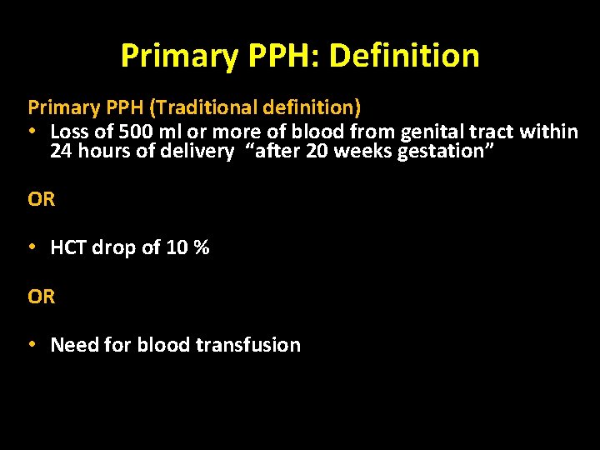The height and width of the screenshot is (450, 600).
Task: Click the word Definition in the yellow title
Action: tap(404, 57)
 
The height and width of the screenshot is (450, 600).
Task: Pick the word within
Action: tap(550, 132)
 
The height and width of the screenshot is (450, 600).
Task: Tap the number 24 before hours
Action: tap(61, 152)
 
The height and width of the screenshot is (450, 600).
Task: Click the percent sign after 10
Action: tap(201, 247)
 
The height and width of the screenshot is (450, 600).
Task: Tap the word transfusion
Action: tap(253, 345)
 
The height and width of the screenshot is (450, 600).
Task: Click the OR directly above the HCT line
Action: tap(42, 200)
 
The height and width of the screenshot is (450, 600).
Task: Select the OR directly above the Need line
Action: tap(42, 297)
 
